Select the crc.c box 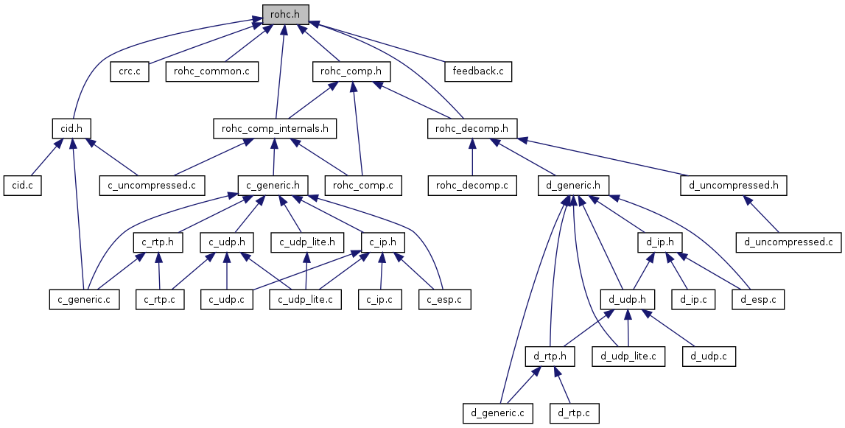point(130,71)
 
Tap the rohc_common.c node point(212,71)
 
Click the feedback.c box point(478,71)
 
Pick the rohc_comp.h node point(351,71)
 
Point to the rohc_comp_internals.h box point(275,128)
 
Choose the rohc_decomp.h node point(472,128)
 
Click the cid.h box point(71,128)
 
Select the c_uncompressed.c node point(152,185)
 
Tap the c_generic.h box point(273,185)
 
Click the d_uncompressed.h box point(734,185)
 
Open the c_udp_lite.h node point(307,242)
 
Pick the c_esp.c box point(445,299)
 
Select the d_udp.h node point(628,299)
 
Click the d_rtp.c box point(574,413)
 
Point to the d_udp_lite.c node point(628,357)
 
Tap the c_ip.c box point(380,299)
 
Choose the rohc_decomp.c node point(472,185)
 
